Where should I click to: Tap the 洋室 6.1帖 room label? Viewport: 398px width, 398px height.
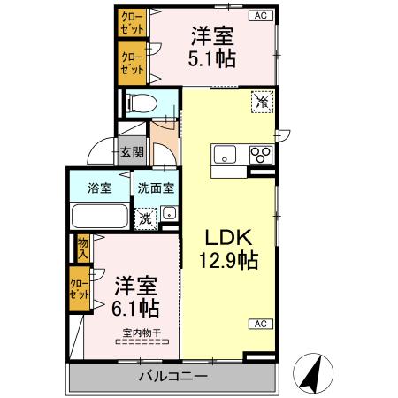pos(136,298)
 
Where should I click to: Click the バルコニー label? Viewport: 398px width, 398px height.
pos(172,377)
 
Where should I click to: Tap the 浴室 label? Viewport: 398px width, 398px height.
pos(98,188)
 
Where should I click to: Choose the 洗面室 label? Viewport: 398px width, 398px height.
pos(156,188)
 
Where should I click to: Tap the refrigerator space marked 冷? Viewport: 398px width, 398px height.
pos(262,102)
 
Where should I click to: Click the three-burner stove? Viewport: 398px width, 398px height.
pos(261,155)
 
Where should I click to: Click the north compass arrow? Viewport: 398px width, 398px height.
pos(311,373)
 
